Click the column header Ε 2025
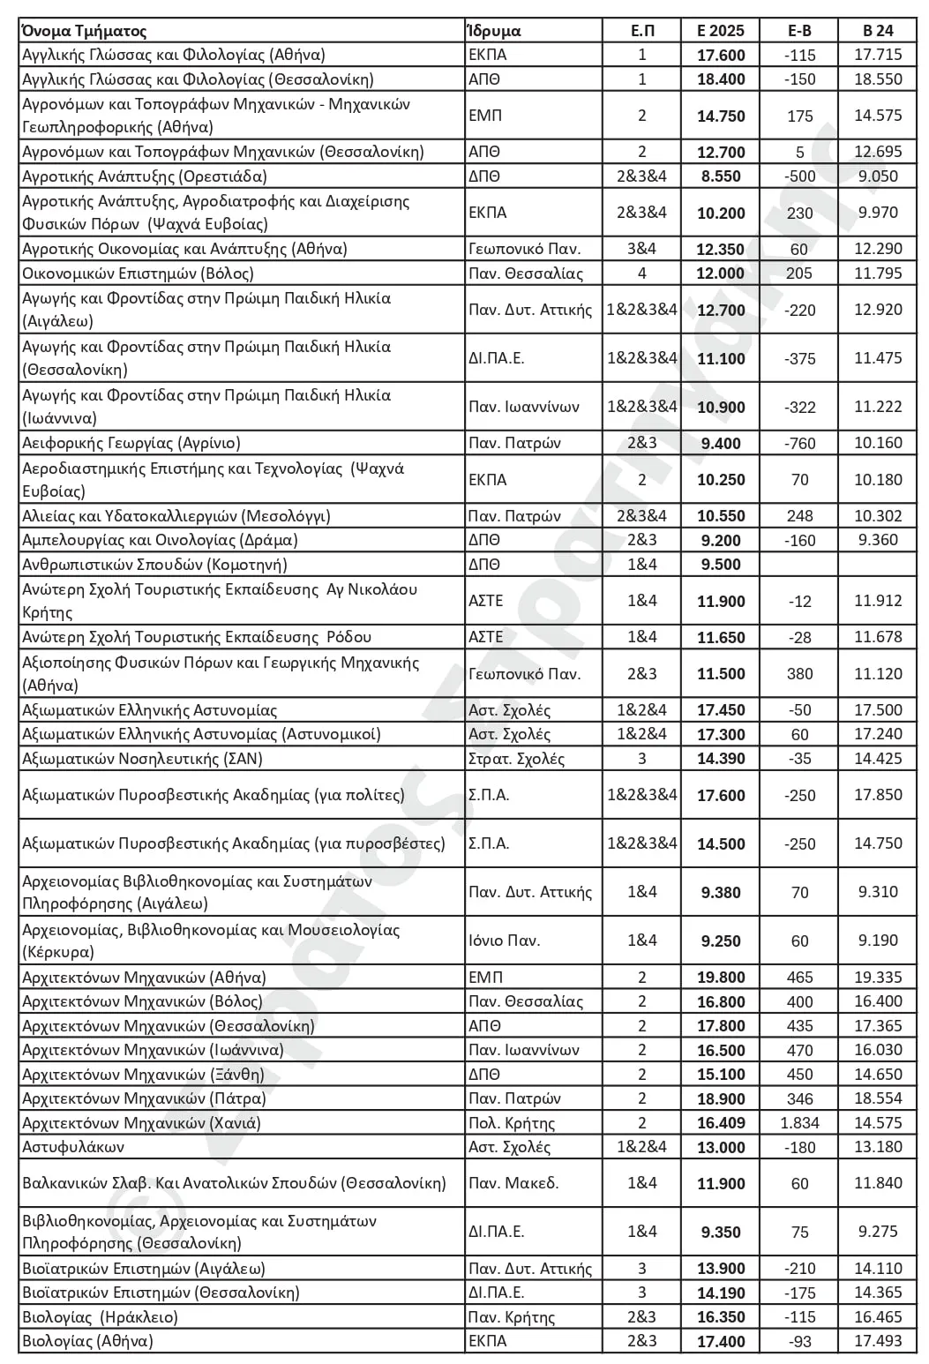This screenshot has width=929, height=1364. click(x=720, y=31)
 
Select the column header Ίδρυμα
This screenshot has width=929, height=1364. click(x=494, y=31)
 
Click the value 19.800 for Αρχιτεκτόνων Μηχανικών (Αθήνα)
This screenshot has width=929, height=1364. click(x=720, y=978)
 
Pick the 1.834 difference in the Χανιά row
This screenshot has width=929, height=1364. click(x=799, y=1123)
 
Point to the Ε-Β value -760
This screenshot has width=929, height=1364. click(x=799, y=443)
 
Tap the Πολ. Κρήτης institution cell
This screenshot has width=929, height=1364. click(x=512, y=1123)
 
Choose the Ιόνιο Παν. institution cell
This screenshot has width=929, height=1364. click(x=504, y=941)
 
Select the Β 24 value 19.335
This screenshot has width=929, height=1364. click(x=878, y=978)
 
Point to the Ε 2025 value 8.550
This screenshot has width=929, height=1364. click(x=720, y=176)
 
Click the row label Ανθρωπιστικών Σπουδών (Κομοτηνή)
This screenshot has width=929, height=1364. click(x=154, y=565)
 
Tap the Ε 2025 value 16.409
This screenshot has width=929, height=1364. click(x=720, y=1123)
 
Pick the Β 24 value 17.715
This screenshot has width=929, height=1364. click(x=878, y=55)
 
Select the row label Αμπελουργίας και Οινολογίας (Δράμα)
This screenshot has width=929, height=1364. click(x=160, y=540)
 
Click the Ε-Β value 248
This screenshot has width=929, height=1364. click(x=799, y=516)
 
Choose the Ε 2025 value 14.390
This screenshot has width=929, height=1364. click(x=720, y=759)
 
